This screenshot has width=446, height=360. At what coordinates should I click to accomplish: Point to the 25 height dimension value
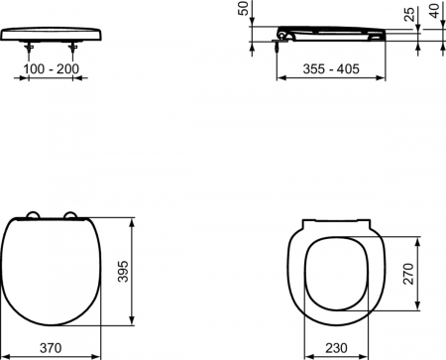click(x=410, y=16)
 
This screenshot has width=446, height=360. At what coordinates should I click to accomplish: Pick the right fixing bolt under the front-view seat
click(x=74, y=44)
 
